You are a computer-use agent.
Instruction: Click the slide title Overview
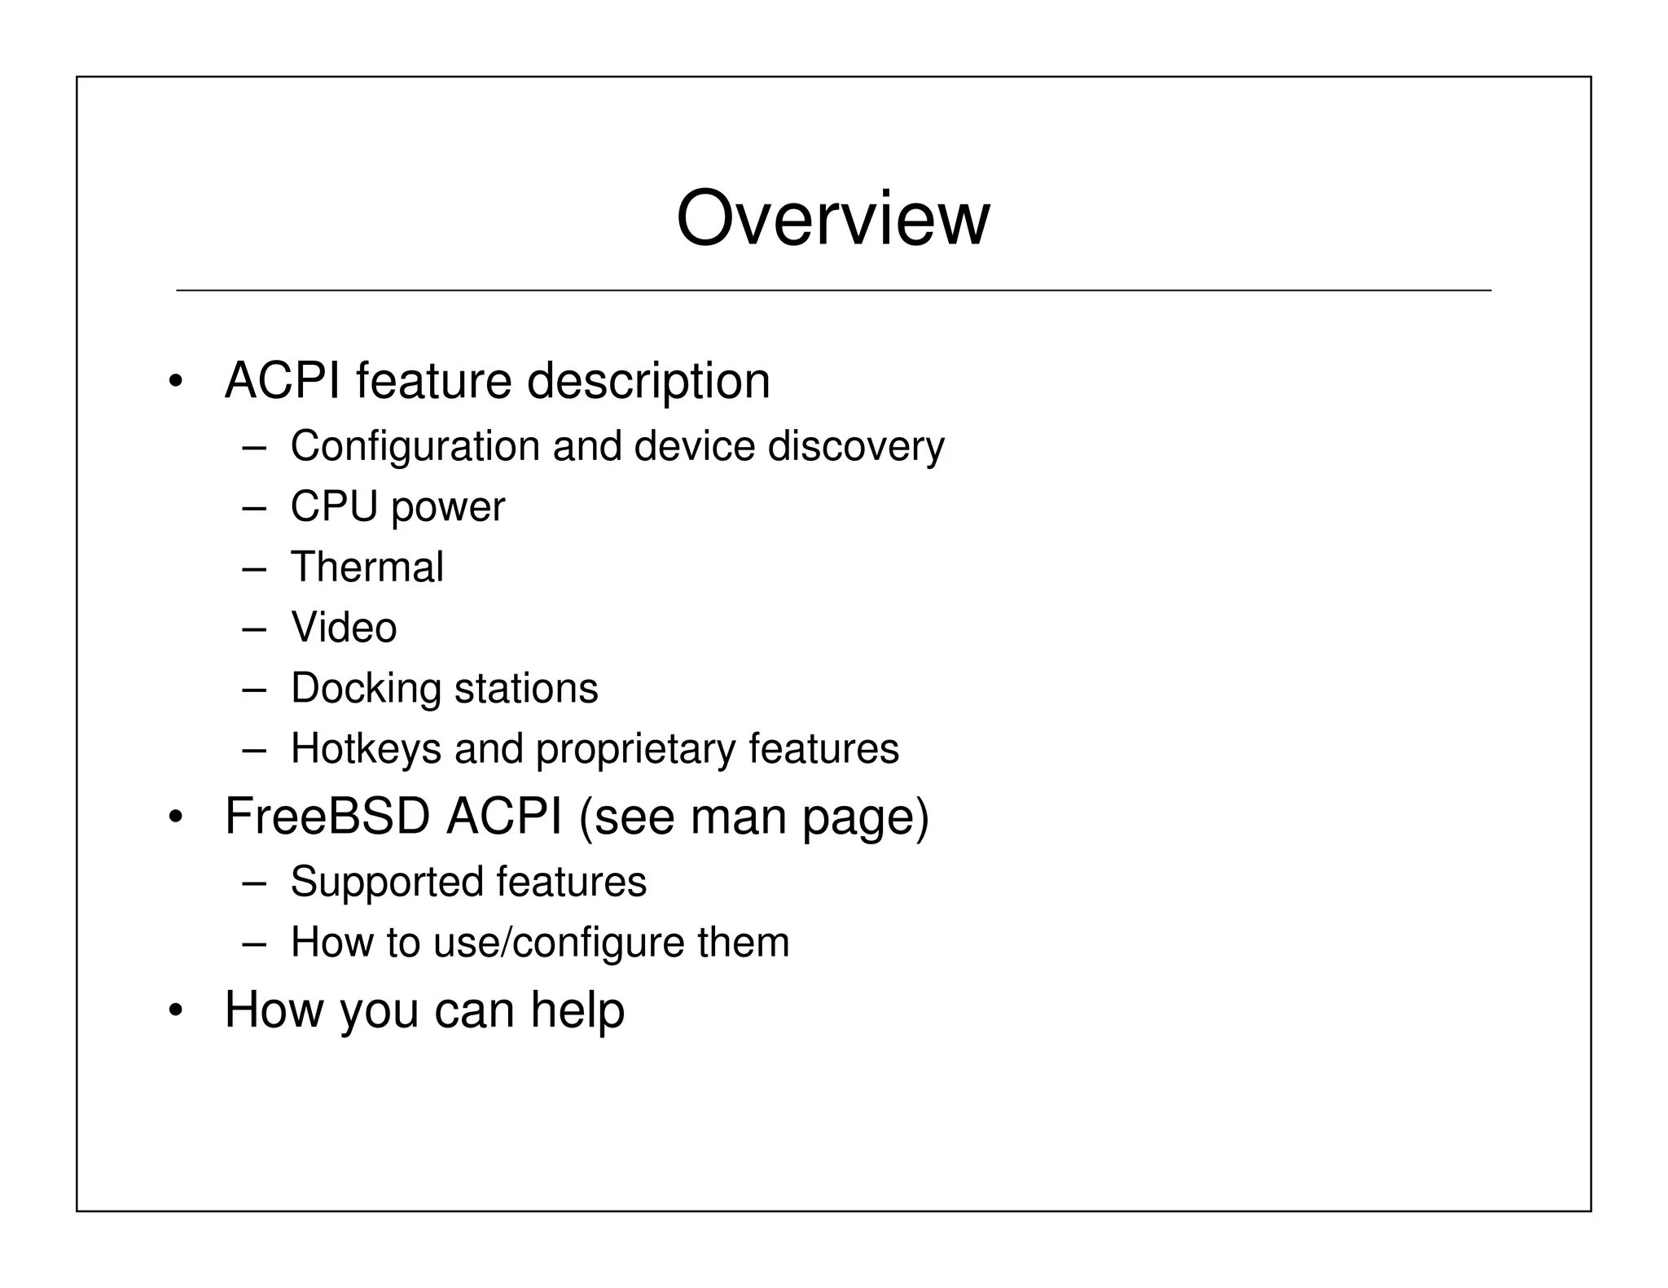tap(832, 218)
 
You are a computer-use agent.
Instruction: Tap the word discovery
tap(856, 447)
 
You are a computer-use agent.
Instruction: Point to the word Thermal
tap(367, 567)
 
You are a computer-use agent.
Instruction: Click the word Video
tap(344, 628)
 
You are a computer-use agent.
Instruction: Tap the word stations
tap(526, 688)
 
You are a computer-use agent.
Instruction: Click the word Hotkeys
tap(366, 748)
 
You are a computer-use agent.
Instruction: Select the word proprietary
tap(635, 750)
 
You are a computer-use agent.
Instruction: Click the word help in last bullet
tap(577, 1010)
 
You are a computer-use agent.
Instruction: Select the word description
tap(648, 381)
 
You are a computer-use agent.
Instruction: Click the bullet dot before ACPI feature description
tap(175, 382)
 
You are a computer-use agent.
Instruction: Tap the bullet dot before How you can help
tap(175, 1011)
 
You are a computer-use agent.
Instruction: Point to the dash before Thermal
tap(254, 568)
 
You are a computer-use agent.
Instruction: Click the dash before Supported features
tap(254, 883)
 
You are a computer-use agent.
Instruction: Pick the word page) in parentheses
tap(865, 817)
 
